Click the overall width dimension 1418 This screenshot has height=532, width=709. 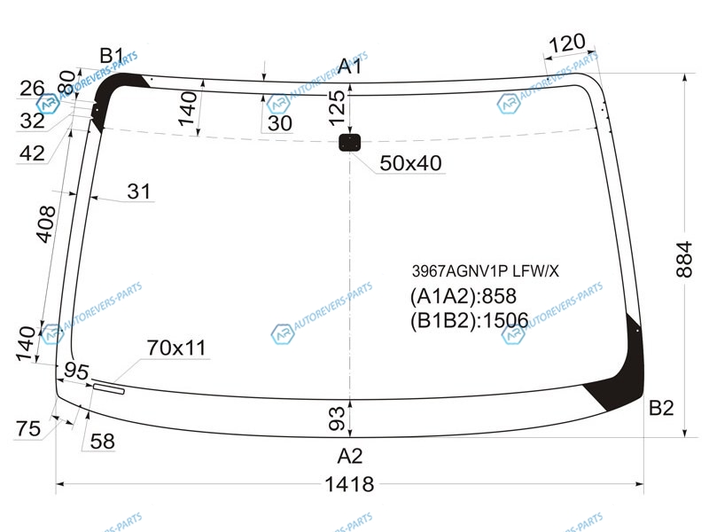tap(349, 484)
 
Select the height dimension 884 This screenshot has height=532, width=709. tap(684, 259)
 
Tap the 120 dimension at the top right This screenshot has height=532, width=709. tap(566, 43)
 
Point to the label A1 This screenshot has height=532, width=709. tap(349, 66)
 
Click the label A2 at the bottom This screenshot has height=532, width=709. tap(349, 456)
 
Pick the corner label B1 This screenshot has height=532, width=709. tap(112, 56)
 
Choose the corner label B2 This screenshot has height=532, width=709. tap(661, 408)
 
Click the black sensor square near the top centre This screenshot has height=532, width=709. tap(349, 143)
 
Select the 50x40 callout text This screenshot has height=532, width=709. tap(410, 163)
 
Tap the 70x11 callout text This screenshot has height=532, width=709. tap(176, 348)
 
